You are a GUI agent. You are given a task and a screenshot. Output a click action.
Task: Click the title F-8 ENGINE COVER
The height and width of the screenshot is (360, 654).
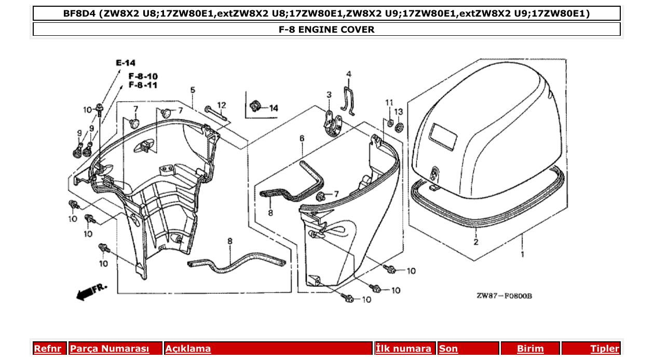point(326,30)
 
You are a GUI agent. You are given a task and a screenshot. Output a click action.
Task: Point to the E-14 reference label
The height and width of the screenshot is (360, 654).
point(125,63)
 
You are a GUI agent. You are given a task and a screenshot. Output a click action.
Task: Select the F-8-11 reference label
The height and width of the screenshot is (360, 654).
point(143,85)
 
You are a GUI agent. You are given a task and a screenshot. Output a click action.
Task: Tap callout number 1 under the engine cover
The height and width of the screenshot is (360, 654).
point(522,255)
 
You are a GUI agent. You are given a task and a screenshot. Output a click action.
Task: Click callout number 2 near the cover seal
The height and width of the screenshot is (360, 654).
point(475,242)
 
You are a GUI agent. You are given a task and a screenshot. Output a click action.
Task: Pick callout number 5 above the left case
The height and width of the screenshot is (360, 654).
point(193,90)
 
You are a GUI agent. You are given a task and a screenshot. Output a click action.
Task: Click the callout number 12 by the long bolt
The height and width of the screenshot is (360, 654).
point(222,105)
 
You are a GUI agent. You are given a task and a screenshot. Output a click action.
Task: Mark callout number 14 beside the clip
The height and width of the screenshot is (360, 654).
point(273,108)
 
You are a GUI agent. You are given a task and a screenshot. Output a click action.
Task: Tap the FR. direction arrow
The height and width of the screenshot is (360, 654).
point(90,292)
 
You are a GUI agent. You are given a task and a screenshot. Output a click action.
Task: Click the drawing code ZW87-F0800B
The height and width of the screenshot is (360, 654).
point(504,296)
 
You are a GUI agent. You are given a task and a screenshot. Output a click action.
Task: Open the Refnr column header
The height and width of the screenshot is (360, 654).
point(48,349)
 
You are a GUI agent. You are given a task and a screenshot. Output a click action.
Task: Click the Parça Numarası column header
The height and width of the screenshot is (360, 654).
point(110,349)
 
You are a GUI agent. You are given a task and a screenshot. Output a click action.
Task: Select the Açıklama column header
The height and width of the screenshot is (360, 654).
point(188,349)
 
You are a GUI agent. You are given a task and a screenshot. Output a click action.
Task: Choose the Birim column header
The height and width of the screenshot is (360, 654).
point(530,349)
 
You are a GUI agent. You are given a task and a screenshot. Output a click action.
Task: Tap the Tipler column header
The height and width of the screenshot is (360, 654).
point(605,349)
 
